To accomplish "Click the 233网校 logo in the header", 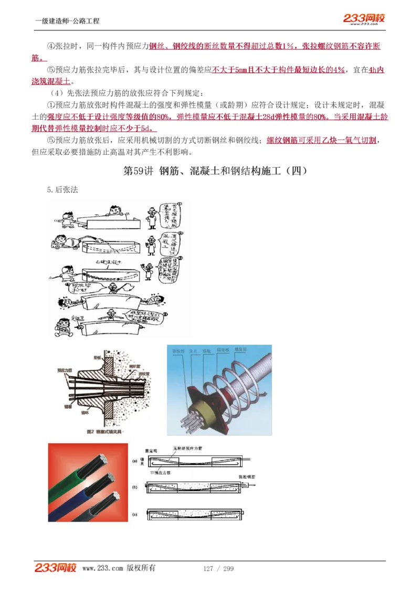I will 364,19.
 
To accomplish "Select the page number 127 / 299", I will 218,569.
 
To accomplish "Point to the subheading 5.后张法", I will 62,190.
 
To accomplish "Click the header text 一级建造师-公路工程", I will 67,21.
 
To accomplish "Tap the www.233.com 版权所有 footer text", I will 119,568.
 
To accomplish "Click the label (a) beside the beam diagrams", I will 135,461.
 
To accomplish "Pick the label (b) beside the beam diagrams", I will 135,488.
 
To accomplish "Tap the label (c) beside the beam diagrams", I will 135,514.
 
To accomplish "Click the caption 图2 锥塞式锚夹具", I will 104,432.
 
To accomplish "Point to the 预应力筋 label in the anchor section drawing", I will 64,370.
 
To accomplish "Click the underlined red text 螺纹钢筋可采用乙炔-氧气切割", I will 321,141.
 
